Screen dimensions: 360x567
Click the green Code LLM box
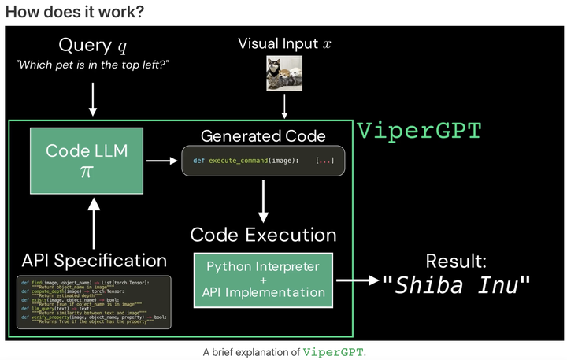[87, 161]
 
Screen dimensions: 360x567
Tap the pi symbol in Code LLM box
[87, 172]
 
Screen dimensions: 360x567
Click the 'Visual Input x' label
[284, 44]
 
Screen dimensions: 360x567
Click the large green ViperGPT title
[418, 131]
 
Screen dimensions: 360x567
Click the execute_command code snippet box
[264, 161]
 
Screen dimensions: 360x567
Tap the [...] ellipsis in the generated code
[324, 161]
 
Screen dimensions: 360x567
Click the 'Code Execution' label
[263, 235]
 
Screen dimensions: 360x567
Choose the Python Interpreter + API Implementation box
[263, 280]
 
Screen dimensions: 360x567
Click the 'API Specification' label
[94, 260]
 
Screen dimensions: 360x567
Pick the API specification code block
[94, 301]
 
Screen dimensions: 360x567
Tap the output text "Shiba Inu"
[457, 285]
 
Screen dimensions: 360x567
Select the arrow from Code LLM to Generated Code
[162, 161]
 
